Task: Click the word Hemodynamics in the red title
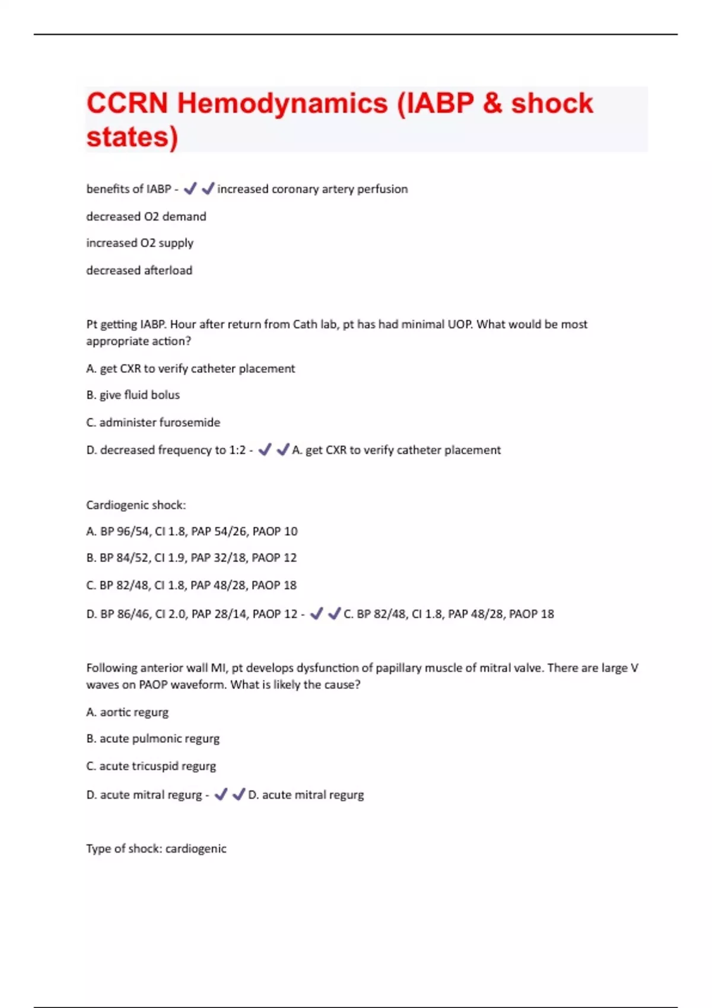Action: (x=282, y=103)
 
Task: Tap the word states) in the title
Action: (x=132, y=136)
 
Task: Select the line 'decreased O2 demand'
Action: (x=146, y=216)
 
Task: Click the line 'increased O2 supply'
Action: (x=139, y=243)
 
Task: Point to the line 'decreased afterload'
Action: (x=139, y=270)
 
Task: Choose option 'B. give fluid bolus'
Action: (x=133, y=395)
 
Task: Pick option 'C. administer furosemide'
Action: (x=153, y=422)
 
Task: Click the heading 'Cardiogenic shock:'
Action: (x=136, y=505)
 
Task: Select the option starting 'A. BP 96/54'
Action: (x=192, y=531)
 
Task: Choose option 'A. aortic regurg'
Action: (x=127, y=712)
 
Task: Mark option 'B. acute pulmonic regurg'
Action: (x=152, y=739)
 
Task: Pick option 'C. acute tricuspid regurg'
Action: (x=151, y=766)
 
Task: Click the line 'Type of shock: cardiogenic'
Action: (x=156, y=848)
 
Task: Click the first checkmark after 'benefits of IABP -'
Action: (x=190, y=189)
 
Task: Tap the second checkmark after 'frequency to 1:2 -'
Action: (x=283, y=449)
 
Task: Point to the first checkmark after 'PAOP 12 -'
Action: (x=316, y=613)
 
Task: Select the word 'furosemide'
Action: (x=190, y=422)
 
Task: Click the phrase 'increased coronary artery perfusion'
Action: (x=312, y=189)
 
